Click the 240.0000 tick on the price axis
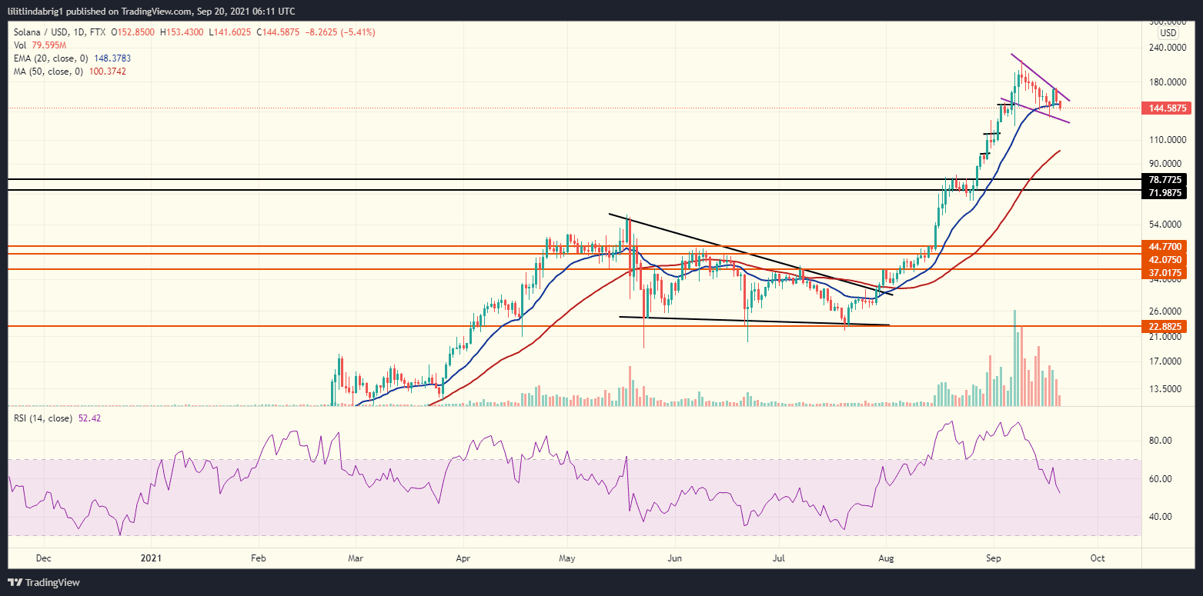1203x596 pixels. coord(1165,47)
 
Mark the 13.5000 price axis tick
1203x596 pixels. coord(1165,389)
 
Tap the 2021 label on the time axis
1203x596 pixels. coord(152,558)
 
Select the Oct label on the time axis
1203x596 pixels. coord(1098,558)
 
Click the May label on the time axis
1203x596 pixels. coord(567,558)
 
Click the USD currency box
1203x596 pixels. coord(1168,33)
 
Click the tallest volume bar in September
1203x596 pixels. coord(1015,358)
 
